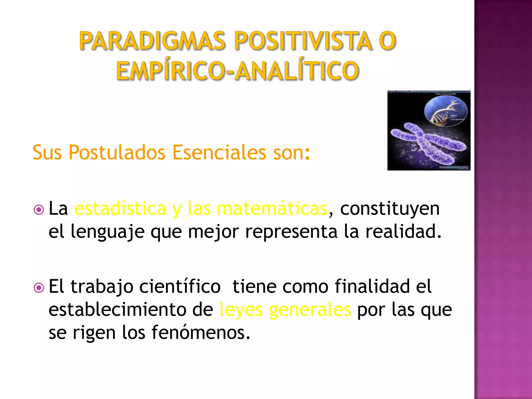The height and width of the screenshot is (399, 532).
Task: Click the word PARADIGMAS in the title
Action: pos(152,41)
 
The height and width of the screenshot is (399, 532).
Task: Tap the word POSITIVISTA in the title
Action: pos(303,41)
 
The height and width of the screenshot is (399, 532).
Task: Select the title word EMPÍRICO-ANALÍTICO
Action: pos(237,71)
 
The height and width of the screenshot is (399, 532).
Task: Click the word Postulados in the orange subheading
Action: pos(117,152)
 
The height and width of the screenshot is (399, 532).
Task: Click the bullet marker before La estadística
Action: pos(39,210)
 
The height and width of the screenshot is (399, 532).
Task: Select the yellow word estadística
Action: pos(120,209)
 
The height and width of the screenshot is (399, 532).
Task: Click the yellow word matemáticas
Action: pos(272,209)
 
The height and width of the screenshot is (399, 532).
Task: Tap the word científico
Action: pos(180,287)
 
